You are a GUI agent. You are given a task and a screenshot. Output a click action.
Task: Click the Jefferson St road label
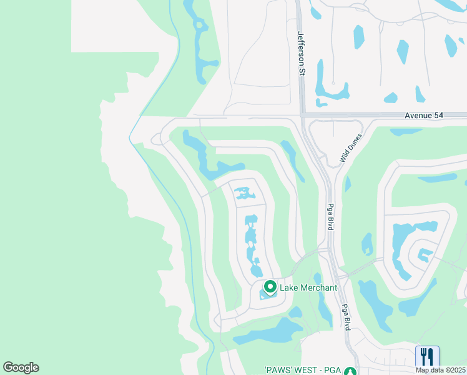tap(301, 54)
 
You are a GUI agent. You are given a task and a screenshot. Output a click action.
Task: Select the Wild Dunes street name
tap(351, 148)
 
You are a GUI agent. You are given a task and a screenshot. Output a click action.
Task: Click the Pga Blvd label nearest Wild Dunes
tap(330, 216)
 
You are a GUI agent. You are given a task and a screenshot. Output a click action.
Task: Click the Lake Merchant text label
tap(308, 287)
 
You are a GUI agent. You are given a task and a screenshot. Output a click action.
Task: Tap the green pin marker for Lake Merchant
tap(270, 287)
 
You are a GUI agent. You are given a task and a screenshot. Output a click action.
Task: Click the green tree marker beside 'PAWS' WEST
tap(351, 370)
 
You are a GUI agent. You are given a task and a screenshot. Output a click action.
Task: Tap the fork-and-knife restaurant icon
tap(427, 357)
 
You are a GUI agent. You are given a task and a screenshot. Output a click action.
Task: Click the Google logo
tap(21, 367)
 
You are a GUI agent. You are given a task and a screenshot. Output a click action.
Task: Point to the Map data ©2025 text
tap(441, 370)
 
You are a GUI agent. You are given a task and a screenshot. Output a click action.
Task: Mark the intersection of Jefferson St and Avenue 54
tap(302, 114)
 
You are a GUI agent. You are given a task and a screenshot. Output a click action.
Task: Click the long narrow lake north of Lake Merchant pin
tap(252, 244)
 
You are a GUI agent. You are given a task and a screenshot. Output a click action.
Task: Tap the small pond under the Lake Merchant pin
tap(267, 295)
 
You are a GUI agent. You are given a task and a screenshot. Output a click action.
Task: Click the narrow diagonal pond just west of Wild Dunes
tap(292, 159)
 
